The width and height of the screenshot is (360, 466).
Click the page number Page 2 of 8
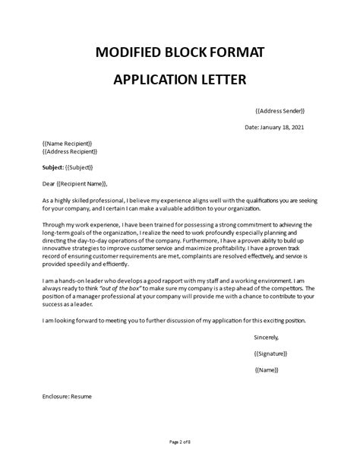[180, 442]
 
